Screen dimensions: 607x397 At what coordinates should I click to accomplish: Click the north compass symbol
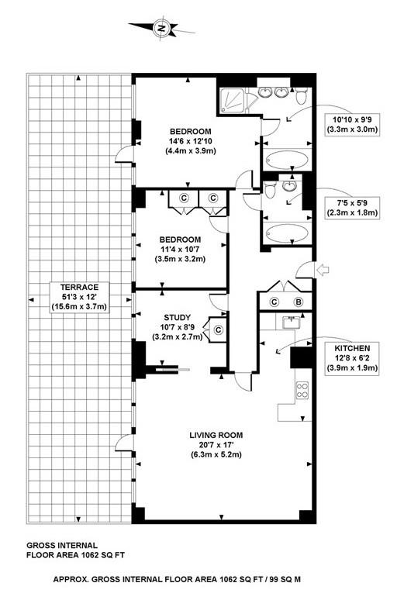[x=162, y=29]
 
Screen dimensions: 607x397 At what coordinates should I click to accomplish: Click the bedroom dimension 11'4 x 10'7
[x=181, y=250]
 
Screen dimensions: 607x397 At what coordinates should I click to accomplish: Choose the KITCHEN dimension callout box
[x=353, y=358]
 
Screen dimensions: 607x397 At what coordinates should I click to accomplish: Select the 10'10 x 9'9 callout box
[x=353, y=125]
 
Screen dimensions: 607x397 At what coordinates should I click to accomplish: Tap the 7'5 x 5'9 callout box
[x=353, y=206]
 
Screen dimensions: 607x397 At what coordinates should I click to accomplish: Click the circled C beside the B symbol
[x=274, y=302]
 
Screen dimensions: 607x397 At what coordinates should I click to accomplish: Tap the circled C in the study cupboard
[x=218, y=329]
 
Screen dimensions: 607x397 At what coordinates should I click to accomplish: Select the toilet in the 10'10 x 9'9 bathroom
[x=302, y=94]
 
